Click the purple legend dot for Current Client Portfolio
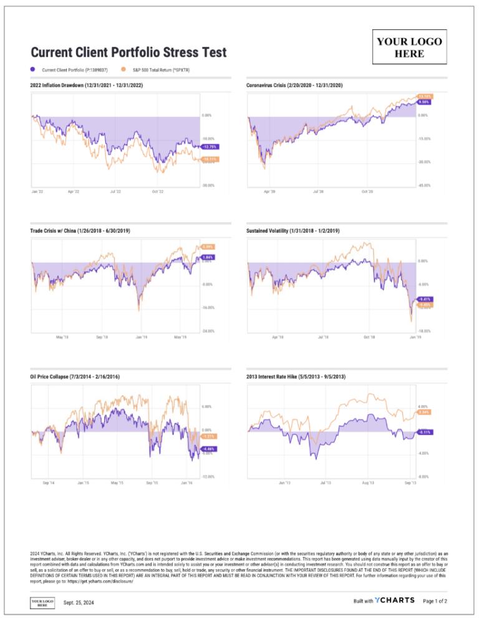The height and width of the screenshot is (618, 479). tap(32, 70)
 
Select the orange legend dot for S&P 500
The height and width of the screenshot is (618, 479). tap(123, 70)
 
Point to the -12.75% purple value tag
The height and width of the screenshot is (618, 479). tap(210, 147)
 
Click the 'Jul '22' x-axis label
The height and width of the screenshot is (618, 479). tap(115, 192)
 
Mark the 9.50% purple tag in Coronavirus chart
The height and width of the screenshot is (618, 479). tap(424, 102)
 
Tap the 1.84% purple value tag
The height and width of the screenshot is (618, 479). tap(208, 257)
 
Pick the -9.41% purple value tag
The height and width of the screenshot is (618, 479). tap(424, 299)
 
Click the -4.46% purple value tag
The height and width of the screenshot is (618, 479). tap(208, 449)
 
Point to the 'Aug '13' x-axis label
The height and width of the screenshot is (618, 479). tap(367, 483)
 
